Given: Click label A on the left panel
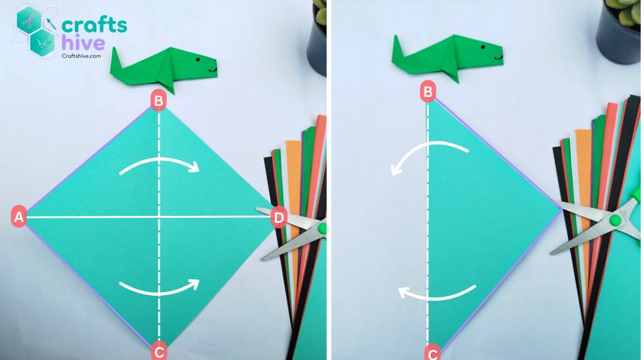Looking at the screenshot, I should coord(18,218).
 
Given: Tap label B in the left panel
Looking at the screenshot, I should coord(158,100).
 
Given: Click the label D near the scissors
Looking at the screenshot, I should coord(279,218).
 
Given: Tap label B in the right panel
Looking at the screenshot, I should coord(428,93).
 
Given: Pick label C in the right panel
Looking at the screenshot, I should coord(433,354).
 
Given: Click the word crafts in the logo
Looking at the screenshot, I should coord(94,25).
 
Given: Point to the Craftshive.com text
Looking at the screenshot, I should coord(81,56).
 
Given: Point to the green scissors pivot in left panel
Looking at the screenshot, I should coord(322,228).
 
